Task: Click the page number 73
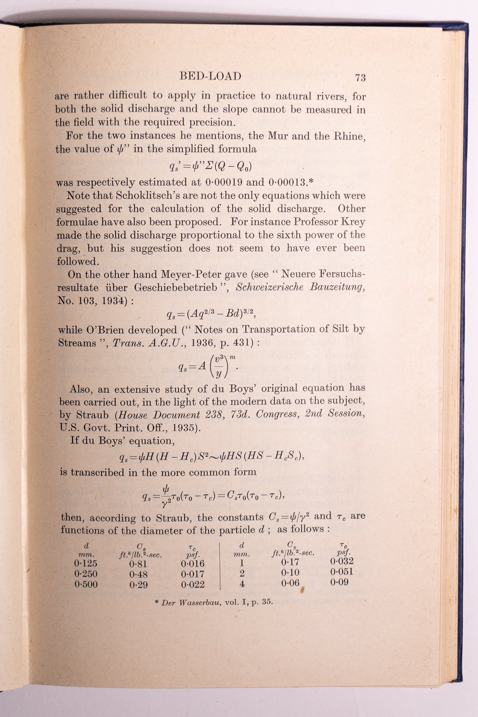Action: point(360,77)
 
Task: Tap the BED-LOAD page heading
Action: point(210,76)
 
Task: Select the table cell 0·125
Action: point(86,563)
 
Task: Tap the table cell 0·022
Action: point(193,584)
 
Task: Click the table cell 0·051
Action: point(342,572)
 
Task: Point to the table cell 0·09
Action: point(339,582)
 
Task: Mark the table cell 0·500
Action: point(86,584)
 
